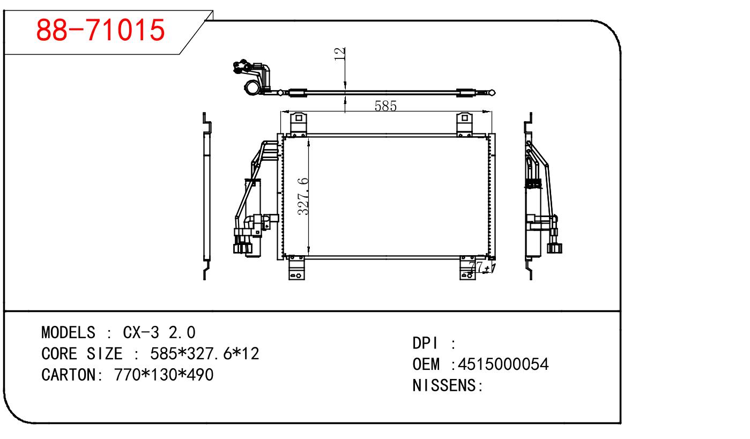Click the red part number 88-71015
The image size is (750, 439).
pyautogui.click(x=100, y=30)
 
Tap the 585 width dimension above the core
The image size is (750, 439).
pyautogui.click(x=385, y=106)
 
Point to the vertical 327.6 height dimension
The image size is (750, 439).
pyautogui.click(x=303, y=196)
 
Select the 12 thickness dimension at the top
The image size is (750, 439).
pyautogui.click(x=339, y=54)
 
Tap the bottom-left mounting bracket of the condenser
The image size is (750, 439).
pyautogui.click(x=296, y=268)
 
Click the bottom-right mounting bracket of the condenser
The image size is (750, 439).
pyautogui.click(x=467, y=268)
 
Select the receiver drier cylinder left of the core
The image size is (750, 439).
pyautogui.click(x=253, y=218)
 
